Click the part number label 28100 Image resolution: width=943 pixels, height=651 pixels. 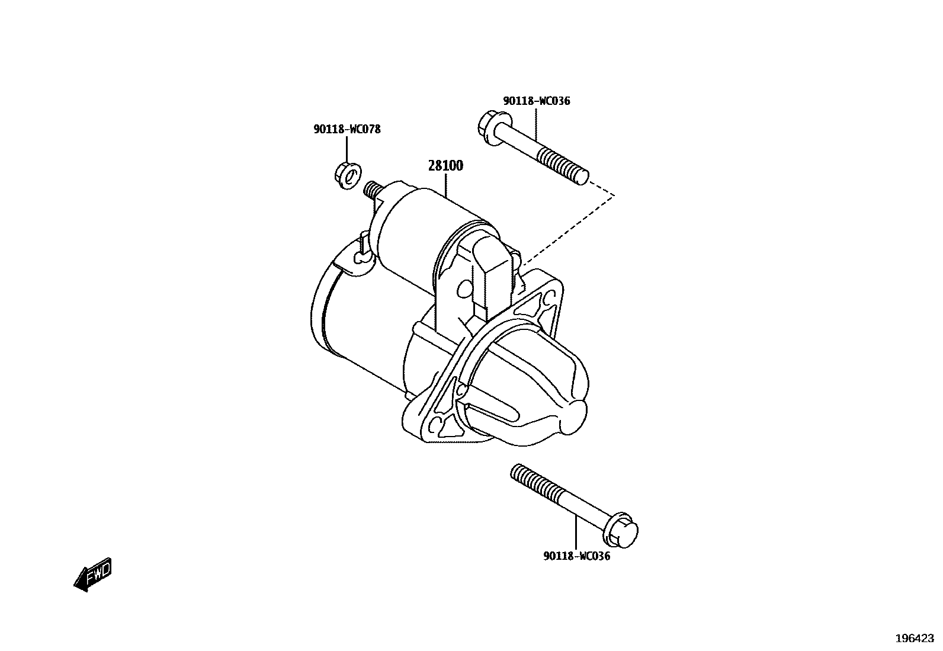pyautogui.click(x=445, y=166)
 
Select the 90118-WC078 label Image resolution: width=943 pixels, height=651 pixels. pyautogui.click(x=347, y=129)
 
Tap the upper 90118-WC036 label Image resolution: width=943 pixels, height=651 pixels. pyautogui.click(x=537, y=101)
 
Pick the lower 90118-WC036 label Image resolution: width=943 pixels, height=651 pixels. pyautogui.click(x=576, y=557)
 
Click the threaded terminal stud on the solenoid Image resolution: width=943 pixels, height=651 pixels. pyautogui.click(x=371, y=190)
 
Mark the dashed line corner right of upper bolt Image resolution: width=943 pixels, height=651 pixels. pyautogui.click(x=614, y=194)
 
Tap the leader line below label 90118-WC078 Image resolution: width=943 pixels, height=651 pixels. pyautogui.click(x=347, y=149)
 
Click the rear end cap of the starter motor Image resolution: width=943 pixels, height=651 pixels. pyautogui.click(x=323, y=308)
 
